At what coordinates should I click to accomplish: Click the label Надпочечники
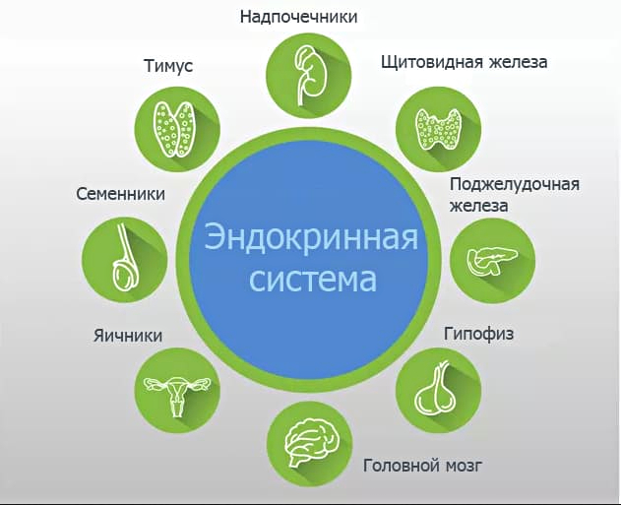pyautogui.click(x=298, y=17)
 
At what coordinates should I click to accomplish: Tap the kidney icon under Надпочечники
pyautogui.click(x=308, y=76)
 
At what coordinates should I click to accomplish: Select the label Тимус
pyautogui.click(x=168, y=66)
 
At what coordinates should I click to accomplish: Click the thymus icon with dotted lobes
pyautogui.click(x=174, y=129)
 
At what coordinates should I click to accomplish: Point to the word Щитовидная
pyautogui.click(x=432, y=62)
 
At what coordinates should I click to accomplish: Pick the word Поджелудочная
pyautogui.click(x=515, y=185)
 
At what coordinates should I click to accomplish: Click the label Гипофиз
pyautogui.click(x=478, y=334)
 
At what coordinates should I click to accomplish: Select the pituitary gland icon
pyautogui.click(x=436, y=390)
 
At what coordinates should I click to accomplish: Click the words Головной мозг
pyautogui.click(x=422, y=466)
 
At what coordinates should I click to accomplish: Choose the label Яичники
pyautogui.click(x=128, y=336)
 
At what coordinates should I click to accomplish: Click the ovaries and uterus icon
pyautogui.click(x=177, y=395)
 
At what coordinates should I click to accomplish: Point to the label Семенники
pyautogui.click(x=120, y=194)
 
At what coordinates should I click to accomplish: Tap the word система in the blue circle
pyautogui.click(x=313, y=280)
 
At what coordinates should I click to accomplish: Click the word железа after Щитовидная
pyautogui.click(x=518, y=62)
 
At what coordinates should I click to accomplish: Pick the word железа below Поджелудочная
pyautogui.click(x=479, y=206)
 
